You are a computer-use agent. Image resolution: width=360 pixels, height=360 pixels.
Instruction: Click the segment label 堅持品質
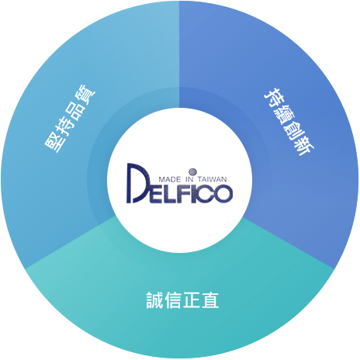click(x=70, y=119)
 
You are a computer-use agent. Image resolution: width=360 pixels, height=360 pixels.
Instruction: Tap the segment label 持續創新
click(x=289, y=122)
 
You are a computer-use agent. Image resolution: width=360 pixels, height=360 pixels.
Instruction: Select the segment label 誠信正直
click(x=182, y=300)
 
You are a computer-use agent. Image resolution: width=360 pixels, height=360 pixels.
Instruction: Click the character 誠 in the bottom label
click(x=155, y=300)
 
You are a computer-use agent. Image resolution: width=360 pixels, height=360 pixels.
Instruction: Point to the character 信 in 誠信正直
click(x=173, y=300)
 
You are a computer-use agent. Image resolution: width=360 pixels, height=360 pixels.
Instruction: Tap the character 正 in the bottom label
click(x=192, y=300)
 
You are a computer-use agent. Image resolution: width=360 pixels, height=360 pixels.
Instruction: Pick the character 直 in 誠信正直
click(x=210, y=300)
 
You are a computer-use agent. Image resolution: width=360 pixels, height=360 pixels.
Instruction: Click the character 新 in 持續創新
click(x=304, y=147)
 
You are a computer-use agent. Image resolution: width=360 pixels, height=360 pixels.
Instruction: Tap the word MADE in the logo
click(x=169, y=179)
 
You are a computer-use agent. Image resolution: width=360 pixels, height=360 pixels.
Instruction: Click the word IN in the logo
click(x=189, y=179)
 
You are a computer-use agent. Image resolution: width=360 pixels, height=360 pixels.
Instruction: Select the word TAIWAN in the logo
click(x=212, y=179)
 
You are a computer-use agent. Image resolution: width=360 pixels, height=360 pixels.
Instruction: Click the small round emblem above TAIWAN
click(x=192, y=171)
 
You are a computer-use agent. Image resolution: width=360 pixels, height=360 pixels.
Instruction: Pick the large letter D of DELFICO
click(x=138, y=183)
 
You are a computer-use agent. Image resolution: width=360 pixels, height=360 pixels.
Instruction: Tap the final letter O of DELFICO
click(x=222, y=194)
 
